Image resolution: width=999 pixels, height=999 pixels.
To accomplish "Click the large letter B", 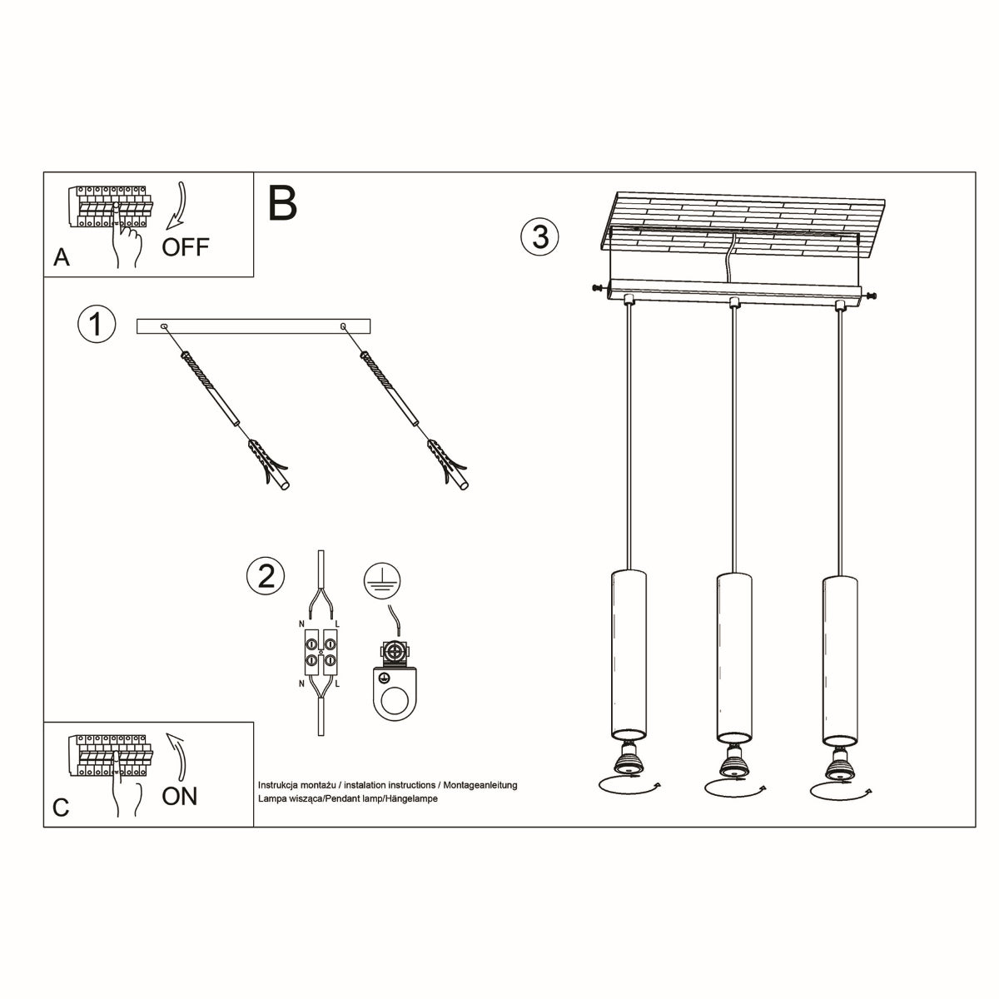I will pos(283,203).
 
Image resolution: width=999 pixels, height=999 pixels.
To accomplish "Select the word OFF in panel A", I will pos(186,247).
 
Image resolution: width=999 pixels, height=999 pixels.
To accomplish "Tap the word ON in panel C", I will pos(180,796).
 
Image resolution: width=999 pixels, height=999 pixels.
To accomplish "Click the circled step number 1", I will pos(96,324).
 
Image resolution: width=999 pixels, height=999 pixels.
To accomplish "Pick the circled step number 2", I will pos(266,576).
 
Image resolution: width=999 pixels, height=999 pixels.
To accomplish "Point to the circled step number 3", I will pos(539,236).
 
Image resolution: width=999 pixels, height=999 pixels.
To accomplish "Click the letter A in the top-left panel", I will pos(61,258).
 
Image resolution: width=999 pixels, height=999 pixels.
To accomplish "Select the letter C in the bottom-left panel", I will pos(61,808).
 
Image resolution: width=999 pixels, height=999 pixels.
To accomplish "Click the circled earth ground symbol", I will pos(382,579).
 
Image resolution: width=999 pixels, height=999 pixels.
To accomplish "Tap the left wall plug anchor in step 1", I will pos(270,465).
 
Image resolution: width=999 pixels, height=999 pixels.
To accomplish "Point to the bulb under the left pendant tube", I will pos(627,759).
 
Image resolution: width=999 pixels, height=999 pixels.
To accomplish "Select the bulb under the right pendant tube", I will pos(837,759).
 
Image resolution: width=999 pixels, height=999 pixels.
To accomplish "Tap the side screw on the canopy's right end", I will pos(871,295).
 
